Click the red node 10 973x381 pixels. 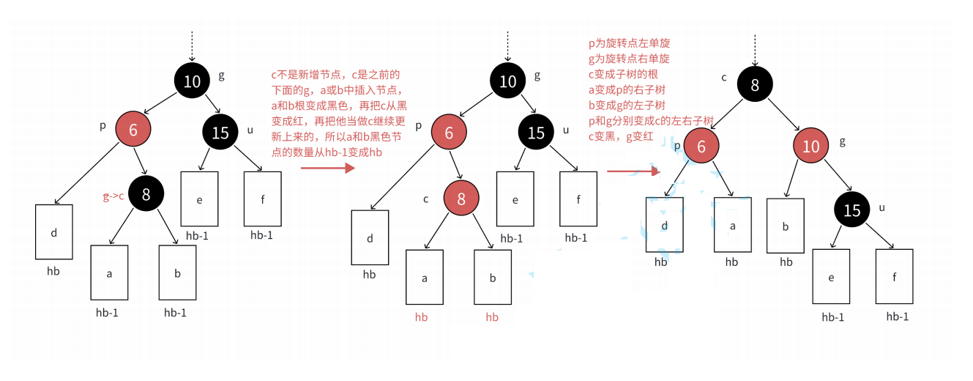coord(810,147)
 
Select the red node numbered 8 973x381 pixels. coord(461,199)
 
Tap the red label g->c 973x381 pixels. coord(113,197)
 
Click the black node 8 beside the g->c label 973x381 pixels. coord(146,194)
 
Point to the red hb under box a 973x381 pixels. coord(421,317)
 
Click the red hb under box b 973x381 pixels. coord(492,317)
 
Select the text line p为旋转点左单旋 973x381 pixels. coord(629,44)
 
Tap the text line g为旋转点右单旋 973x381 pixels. coord(629,58)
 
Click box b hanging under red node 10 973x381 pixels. coord(786,226)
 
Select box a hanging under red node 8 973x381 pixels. coord(425,277)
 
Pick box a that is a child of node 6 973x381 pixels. coord(732,226)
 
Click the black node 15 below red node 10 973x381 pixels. coord(852,210)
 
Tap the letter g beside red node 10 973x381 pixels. coord(842,141)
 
